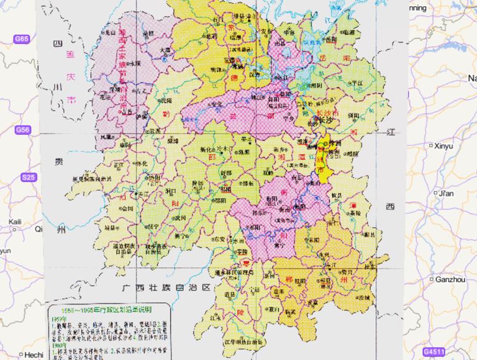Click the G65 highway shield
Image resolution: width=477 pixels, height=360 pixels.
click(22, 39)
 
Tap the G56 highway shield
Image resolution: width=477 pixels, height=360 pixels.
click(22, 130)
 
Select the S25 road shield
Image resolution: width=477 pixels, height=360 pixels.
click(28, 178)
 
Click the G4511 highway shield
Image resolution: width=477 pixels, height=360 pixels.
click(435, 351)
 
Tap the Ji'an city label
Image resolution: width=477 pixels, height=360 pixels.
click(446, 193)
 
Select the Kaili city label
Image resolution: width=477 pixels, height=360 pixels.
click(16, 222)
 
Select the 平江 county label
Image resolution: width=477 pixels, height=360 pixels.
click(356, 82)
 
